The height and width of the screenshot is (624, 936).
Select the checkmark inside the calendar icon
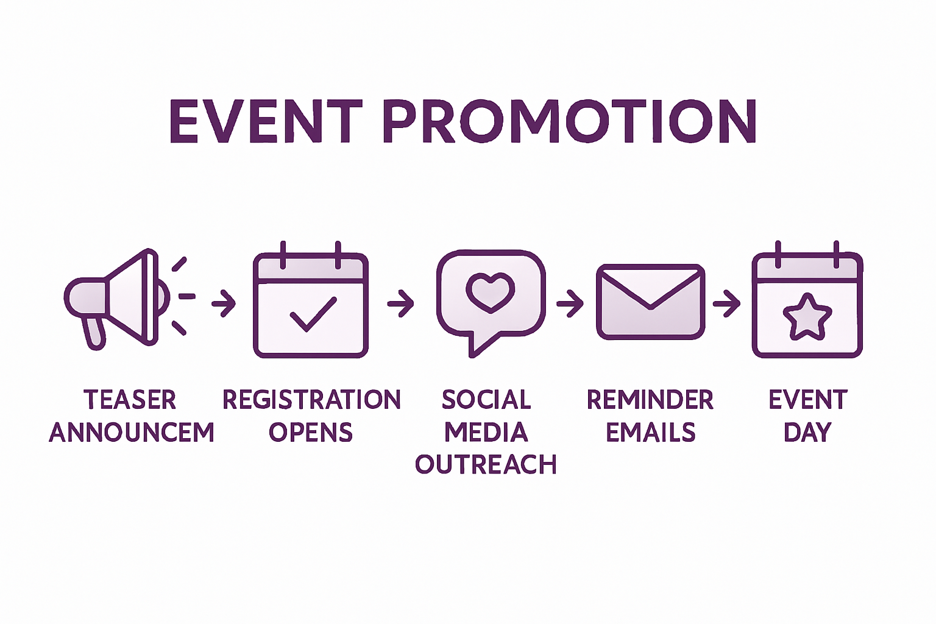pos(313,314)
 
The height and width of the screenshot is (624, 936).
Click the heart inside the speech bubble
pos(490,291)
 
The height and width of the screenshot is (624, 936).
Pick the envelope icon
pos(650,302)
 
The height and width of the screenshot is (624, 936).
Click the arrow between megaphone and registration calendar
pos(224,302)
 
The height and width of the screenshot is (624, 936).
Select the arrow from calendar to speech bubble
pos(400,302)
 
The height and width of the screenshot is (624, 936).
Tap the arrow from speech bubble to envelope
pos(570,303)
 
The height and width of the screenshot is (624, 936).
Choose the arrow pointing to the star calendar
pos(726,303)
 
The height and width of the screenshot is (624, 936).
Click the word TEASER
pos(130,400)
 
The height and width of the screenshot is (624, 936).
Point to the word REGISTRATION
pos(311,400)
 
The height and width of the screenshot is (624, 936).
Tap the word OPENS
pos(311,433)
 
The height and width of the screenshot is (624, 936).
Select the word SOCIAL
pos(486,400)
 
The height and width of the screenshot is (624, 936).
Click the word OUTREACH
pos(486,465)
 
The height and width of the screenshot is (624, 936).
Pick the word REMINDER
pos(650,400)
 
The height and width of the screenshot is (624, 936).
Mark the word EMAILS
pos(650,433)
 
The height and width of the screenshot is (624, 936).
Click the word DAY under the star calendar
pos(807,433)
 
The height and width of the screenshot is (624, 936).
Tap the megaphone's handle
pos(94,332)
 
